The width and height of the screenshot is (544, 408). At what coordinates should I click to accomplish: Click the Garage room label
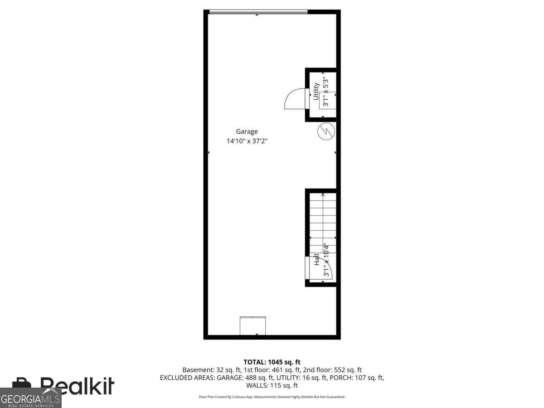point(247,132)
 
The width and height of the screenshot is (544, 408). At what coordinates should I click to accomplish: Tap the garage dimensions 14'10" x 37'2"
point(247,141)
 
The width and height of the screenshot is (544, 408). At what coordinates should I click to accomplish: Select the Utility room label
point(316,92)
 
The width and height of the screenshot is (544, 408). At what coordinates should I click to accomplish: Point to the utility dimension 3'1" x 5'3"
point(325,92)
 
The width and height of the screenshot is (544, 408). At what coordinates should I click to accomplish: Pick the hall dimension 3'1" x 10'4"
point(325,260)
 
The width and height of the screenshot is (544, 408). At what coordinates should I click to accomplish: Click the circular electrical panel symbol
point(325,131)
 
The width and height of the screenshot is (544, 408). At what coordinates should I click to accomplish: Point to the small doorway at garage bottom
point(253,326)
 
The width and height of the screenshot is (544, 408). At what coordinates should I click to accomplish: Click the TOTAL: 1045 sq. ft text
point(272,362)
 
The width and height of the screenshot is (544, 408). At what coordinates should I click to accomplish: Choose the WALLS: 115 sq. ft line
point(272,386)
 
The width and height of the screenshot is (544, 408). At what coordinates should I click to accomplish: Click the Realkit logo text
point(77,386)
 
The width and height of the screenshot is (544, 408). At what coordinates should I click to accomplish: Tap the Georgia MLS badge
point(30,399)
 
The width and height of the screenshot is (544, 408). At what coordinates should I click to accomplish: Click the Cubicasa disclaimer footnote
point(272,397)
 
